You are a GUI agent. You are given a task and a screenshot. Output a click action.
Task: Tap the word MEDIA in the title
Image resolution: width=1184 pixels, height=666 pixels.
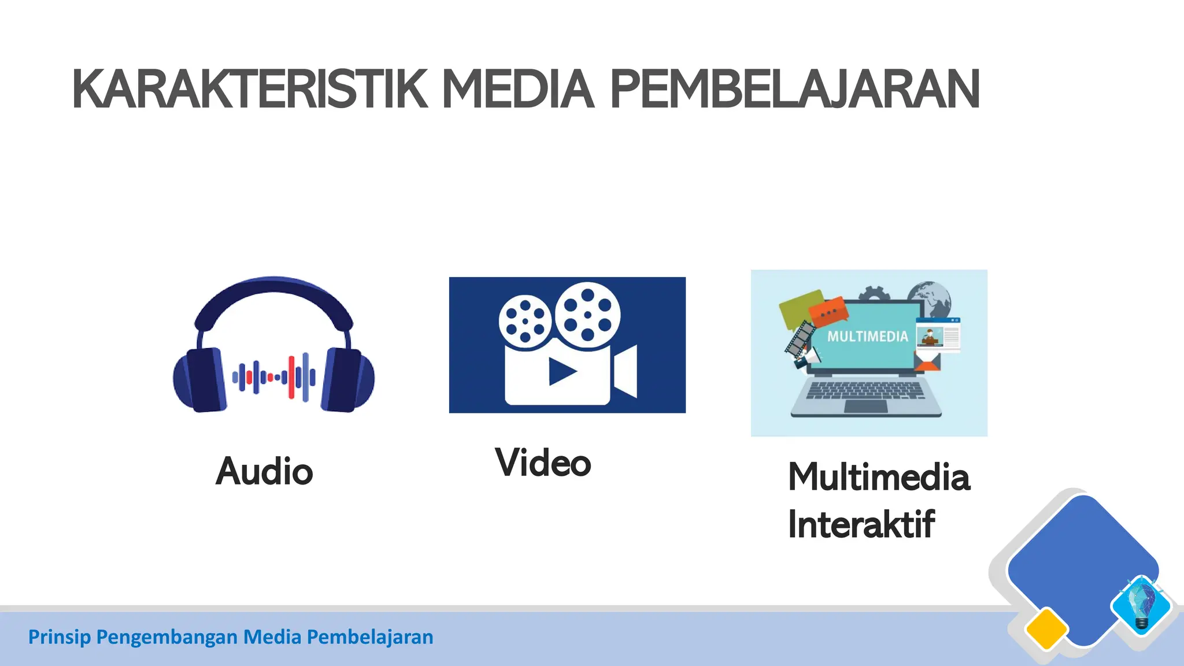coord(518,90)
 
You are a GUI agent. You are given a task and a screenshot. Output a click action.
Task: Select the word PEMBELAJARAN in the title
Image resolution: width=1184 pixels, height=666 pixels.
coord(795,90)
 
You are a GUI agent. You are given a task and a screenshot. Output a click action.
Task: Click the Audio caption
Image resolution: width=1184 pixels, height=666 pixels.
coord(264,471)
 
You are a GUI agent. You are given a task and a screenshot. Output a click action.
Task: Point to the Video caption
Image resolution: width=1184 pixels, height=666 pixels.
coord(543,463)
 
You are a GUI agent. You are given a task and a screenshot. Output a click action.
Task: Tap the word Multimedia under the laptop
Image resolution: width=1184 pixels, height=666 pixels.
coord(879,478)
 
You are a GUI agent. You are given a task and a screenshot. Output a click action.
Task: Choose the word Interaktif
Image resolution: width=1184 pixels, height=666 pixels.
coord(861,524)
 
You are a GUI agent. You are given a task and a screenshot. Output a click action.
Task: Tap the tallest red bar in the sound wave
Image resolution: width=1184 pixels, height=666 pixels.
coord(291,378)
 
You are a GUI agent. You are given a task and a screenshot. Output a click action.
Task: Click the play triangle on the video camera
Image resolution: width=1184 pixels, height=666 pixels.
coord(561,372)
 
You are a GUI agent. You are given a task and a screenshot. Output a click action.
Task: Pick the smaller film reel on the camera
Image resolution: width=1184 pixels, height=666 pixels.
coord(525,321)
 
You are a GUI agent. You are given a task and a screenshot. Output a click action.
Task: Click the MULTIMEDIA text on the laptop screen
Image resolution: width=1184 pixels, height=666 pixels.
coord(867,336)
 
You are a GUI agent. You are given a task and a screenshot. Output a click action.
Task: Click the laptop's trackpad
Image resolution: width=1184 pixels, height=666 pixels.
coord(865,406)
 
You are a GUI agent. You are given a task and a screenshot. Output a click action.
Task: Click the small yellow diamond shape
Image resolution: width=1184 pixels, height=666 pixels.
coord(1046,629)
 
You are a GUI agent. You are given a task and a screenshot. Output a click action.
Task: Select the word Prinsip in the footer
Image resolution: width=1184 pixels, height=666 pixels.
coord(59,637)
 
